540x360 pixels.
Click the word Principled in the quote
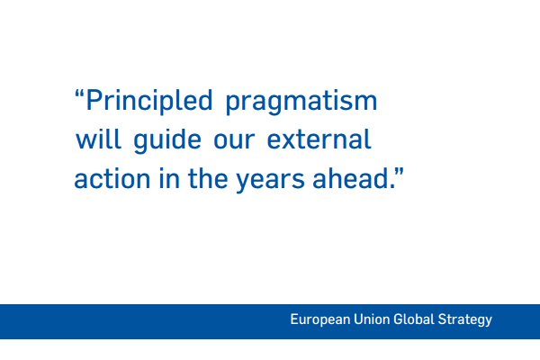coord(149,102)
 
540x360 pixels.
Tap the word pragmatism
coord(301,103)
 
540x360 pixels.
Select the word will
coord(98,139)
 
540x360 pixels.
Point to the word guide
coord(167,140)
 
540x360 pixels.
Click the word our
coord(234,140)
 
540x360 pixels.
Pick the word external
coord(319,139)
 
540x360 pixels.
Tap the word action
coord(112,179)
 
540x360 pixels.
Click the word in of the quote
coord(169,179)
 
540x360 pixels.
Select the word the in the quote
coord(208,178)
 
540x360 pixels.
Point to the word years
coord(270,180)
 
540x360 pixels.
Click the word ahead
coord(351,178)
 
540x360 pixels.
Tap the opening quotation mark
coord(79,94)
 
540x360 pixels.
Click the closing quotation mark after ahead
coord(399,172)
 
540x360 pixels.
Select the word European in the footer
coord(320,319)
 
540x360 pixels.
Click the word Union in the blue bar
coord(372,319)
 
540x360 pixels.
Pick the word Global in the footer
coord(414,319)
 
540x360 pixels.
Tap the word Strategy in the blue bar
coord(465,320)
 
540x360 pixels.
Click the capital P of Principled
coord(94,100)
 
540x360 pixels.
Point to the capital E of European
coord(294,319)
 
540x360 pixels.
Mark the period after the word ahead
coord(392,186)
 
